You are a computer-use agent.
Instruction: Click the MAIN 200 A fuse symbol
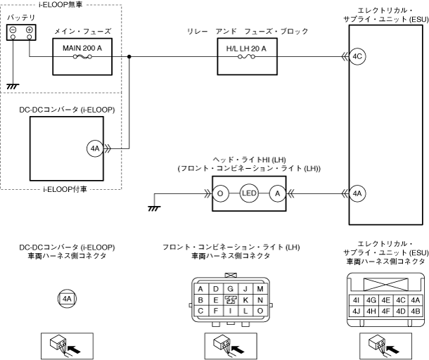pyautogui.click(x=82, y=57)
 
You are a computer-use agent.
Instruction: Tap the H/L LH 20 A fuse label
pyautogui.click(x=246, y=49)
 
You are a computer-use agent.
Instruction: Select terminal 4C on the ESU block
pyautogui.click(x=357, y=57)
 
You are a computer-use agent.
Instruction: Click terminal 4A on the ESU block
pyautogui.click(x=357, y=193)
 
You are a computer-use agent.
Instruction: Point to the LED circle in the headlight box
pyautogui.click(x=249, y=193)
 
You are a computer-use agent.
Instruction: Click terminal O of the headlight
pyautogui.click(x=220, y=193)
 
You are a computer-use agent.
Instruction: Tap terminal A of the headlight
pyautogui.click(x=278, y=193)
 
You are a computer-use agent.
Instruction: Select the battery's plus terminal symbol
pyautogui.click(x=30, y=30)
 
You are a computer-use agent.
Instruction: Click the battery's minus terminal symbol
pyautogui.click(x=13, y=30)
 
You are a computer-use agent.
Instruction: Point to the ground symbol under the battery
pyautogui.click(x=13, y=86)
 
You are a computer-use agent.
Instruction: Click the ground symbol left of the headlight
pyautogui.click(x=154, y=208)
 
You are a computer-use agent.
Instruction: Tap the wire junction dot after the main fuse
pyautogui.click(x=129, y=57)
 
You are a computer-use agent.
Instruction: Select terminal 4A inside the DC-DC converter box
pyautogui.click(x=95, y=148)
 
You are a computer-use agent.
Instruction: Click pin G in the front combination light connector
pyautogui.click(x=231, y=289)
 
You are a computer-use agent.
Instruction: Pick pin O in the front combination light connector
pyautogui.click(x=260, y=311)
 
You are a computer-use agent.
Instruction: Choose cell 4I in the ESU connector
pyautogui.click(x=356, y=300)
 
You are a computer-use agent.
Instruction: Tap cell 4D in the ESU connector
pyautogui.click(x=401, y=311)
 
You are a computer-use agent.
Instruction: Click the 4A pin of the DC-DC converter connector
pyautogui.click(x=67, y=298)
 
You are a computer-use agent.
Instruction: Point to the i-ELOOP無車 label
pyautogui.click(x=60, y=5)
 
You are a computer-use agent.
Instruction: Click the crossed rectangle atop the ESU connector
pyautogui.click(x=386, y=285)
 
